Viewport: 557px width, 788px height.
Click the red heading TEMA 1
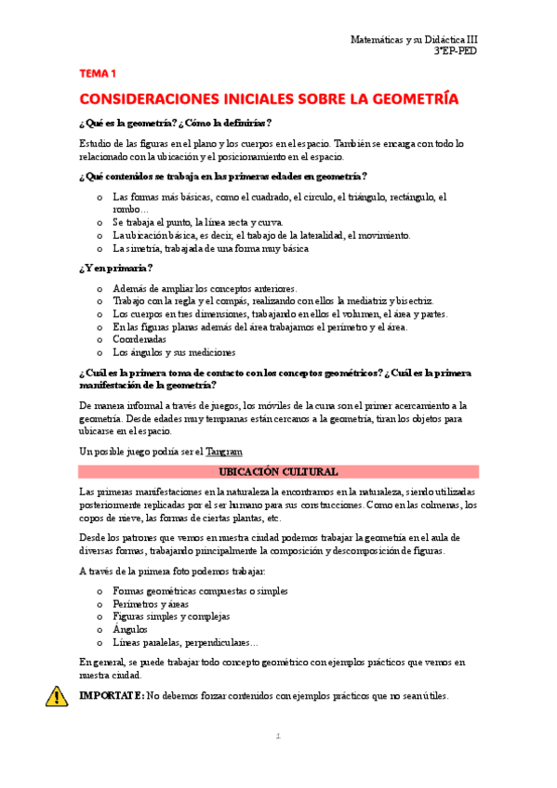98,72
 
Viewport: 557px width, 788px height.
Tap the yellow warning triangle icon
57,695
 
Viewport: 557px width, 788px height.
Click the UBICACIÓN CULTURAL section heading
278,471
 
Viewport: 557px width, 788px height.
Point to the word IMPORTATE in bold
112,694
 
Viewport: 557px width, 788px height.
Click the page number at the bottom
277,737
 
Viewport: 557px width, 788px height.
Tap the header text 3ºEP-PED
456,53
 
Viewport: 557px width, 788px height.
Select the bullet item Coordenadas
139,339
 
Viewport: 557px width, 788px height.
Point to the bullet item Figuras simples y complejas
171,616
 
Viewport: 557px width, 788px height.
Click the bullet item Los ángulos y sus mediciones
174,352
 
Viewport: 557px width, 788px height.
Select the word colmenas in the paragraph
433,505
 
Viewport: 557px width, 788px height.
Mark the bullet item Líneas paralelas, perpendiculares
185,642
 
